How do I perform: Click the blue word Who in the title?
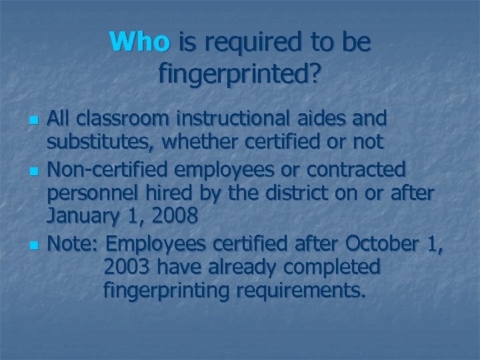click(141, 43)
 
